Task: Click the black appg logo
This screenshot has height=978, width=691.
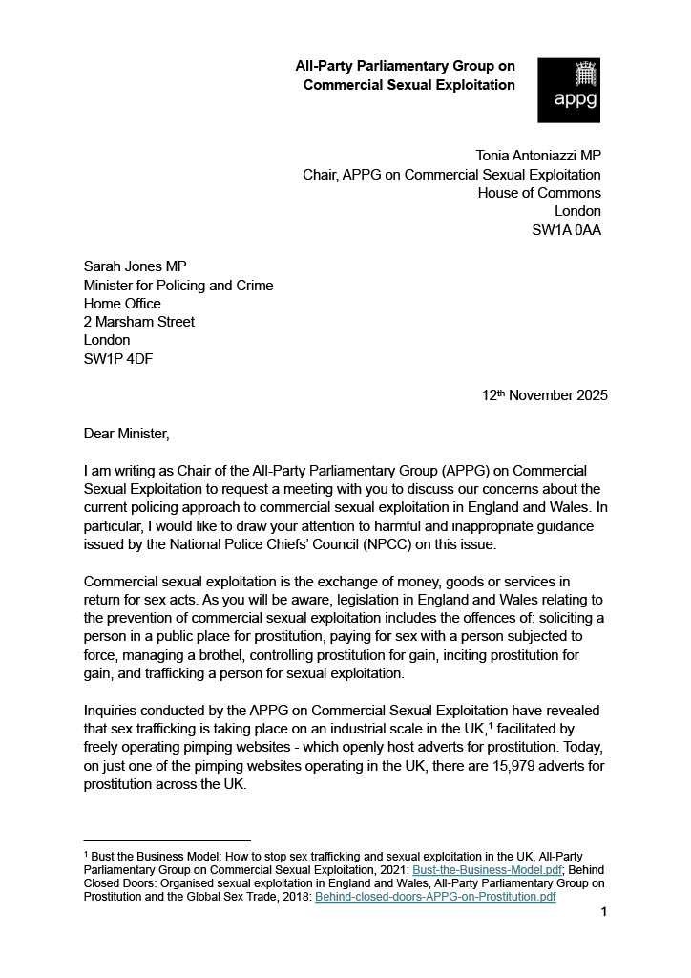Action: point(569,90)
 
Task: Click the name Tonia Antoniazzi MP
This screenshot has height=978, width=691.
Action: point(538,157)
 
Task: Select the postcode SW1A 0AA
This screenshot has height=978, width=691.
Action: point(566,229)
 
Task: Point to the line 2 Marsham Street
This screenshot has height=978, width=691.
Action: point(139,322)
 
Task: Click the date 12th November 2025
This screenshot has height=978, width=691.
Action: point(545,395)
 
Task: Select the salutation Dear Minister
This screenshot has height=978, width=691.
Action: point(126,435)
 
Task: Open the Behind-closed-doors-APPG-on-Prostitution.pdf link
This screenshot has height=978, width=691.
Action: point(435,898)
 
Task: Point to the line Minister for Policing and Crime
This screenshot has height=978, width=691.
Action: point(178,286)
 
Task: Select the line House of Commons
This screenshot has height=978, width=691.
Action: point(539,193)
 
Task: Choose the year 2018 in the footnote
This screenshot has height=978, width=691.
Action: point(295,898)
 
